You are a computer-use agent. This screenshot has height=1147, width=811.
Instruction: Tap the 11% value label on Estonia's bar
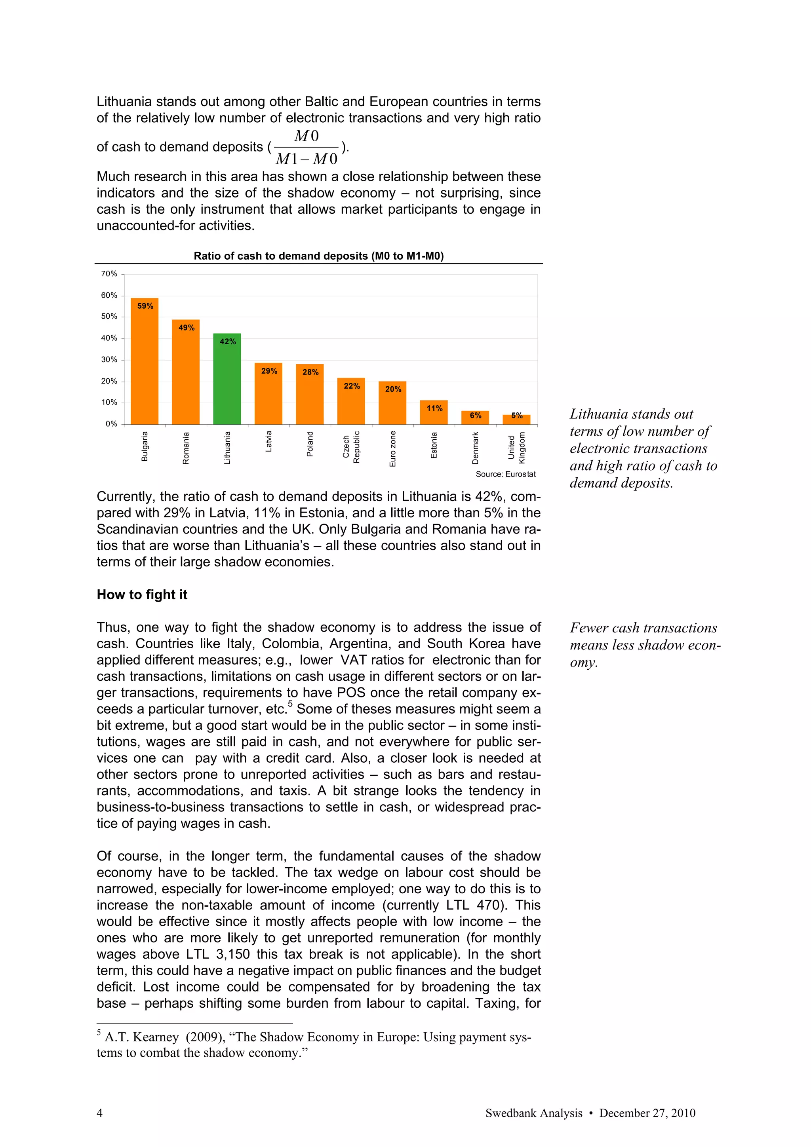[x=434, y=408]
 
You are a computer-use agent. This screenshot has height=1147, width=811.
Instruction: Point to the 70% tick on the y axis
[x=109, y=274]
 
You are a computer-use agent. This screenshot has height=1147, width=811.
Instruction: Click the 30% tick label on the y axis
[x=109, y=360]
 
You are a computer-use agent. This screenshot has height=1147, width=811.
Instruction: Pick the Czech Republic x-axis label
[x=351, y=447]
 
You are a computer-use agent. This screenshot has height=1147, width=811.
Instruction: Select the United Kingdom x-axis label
[x=516, y=448]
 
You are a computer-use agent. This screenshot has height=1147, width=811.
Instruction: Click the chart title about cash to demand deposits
[x=319, y=256]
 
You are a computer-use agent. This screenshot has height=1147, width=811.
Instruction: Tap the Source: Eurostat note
[x=505, y=474]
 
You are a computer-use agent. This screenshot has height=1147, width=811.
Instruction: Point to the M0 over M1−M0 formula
[x=307, y=147]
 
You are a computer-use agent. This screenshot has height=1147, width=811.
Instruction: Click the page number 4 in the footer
[x=99, y=1113]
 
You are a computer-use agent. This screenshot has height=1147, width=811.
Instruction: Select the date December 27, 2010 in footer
[x=647, y=1113]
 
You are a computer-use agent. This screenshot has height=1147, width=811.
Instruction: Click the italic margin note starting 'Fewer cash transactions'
[x=645, y=644]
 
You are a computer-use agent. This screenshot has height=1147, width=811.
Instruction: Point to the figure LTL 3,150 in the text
[x=218, y=954]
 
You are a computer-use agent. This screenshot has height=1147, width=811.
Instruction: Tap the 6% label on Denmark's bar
[x=475, y=415]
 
